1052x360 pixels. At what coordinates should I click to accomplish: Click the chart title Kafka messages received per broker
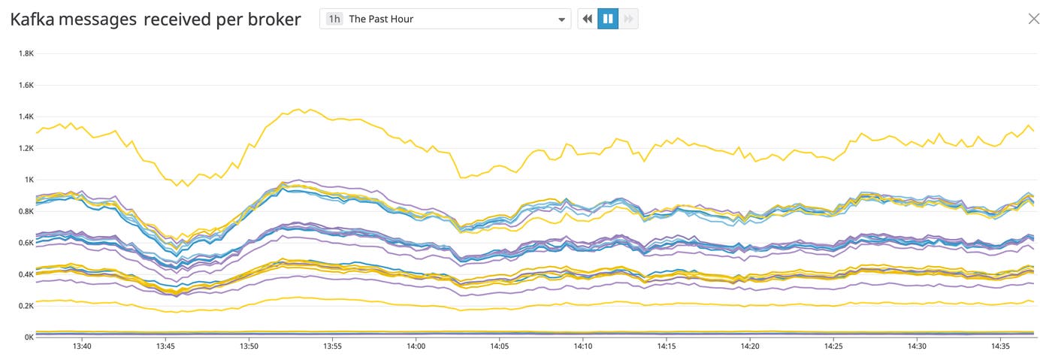pos(156,20)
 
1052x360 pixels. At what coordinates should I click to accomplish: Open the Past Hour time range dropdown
pos(445,19)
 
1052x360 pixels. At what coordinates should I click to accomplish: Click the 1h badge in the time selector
pos(334,19)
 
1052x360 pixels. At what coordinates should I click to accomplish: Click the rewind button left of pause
pos(588,19)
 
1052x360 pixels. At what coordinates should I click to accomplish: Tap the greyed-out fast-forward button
pos(628,19)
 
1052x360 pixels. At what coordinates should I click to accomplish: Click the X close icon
pos(1034,19)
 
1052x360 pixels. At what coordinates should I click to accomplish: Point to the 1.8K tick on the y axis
pos(26,53)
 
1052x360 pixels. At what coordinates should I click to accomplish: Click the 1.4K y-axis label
pos(26,116)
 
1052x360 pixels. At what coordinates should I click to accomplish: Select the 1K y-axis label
pos(29,180)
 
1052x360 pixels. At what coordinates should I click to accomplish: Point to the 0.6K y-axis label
pos(26,243)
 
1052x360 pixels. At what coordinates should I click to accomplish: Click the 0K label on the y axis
pos(29,337)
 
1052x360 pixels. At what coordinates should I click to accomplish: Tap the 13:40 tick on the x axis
pos(82,346)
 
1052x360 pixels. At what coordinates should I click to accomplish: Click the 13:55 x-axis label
pos(332,346)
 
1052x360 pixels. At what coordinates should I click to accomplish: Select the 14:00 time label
pos(416,346)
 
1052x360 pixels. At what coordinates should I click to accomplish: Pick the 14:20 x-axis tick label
pos(750,346)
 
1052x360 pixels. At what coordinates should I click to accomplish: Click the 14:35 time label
pos(1000,346)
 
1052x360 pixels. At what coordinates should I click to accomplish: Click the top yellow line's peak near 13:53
pos(298,110)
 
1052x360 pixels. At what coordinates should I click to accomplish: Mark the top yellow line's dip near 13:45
pos(178,185)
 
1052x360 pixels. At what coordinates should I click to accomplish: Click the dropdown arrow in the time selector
pos(561,20)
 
